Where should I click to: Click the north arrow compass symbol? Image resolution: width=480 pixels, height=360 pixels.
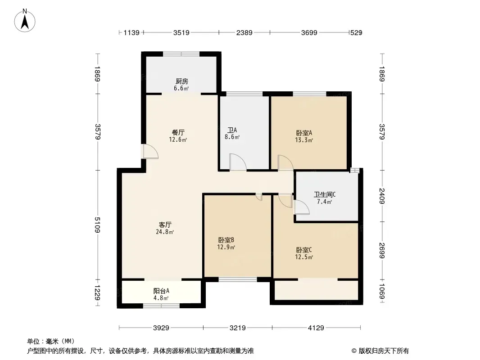click(x=25, y=21)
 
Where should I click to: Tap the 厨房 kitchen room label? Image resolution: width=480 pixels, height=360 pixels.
click(x=182, y=81)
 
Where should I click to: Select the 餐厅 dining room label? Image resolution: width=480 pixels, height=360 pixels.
click(x=178, y=133)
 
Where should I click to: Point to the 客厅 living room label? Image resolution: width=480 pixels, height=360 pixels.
click(x=165, y=225)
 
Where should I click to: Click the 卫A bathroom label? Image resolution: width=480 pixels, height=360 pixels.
click(x=232, y=130)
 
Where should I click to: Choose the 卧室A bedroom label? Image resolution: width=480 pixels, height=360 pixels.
click(x=304, y=133)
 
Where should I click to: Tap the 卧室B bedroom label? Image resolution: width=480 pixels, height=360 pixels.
click(x=226, y=240)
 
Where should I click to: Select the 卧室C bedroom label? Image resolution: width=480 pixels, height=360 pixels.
click(x=304, y=250)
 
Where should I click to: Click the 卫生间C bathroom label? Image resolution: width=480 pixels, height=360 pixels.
click(x=325, y=194)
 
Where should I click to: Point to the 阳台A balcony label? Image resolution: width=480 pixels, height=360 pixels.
click(x=161, y=291)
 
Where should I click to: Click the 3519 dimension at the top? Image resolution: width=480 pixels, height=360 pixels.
click(x=181, y=32)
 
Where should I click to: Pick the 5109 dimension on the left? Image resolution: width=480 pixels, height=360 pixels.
click(x=97, y=225)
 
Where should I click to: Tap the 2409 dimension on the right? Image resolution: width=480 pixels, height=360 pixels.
click(x=382, y=196)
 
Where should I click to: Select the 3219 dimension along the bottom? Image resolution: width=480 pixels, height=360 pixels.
click(x=238, y=328)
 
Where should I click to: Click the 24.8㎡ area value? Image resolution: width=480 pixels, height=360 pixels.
click(x=165, y=232)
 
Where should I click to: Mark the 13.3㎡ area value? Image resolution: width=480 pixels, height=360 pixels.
click(x=304, y=140)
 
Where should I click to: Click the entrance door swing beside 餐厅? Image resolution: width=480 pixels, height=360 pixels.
click(x=151, y=151)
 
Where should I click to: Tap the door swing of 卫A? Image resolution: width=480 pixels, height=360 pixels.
click(x=238, y=162)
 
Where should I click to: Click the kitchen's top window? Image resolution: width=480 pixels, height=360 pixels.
click(x=181, y=54)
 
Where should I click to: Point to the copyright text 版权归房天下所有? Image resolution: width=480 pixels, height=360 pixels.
click(x=384, y=351)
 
